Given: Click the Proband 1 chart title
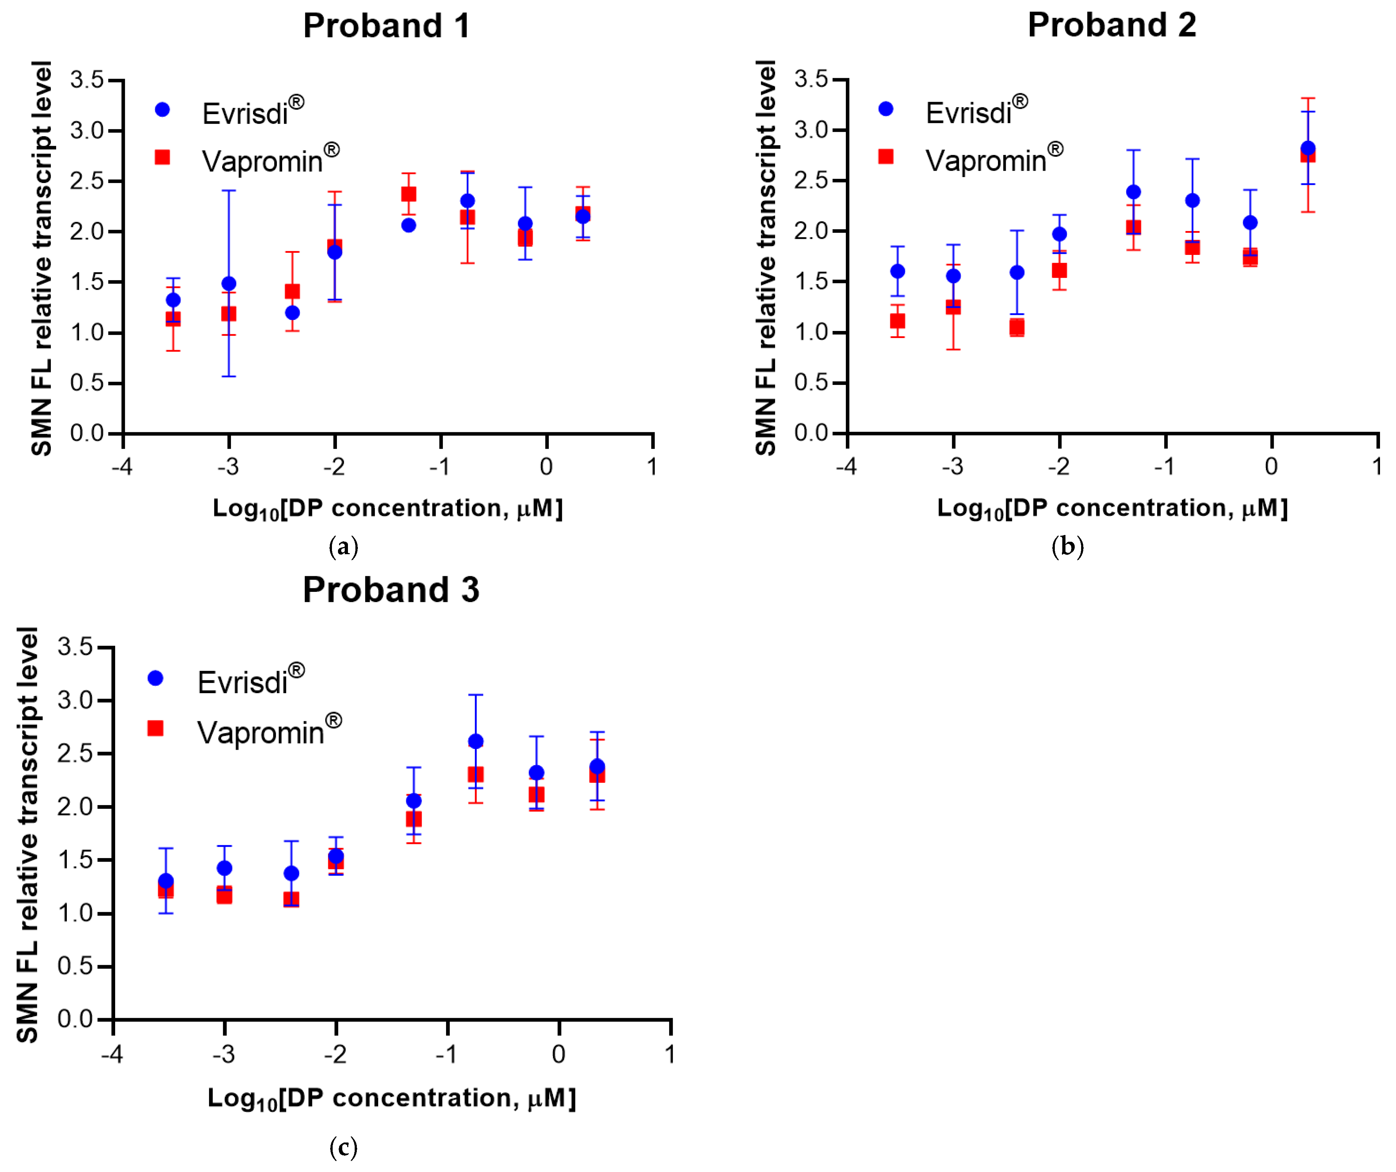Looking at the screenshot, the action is pos(387,26).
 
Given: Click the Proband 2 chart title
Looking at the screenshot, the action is pos(1112,25).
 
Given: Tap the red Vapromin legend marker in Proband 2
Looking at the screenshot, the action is pos(885,156).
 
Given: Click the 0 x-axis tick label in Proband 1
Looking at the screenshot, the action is pos(547,467).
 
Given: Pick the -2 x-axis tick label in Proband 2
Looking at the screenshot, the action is pos(1059,467).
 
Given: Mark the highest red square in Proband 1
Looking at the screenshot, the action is pos(409,194).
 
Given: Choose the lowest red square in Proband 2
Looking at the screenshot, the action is pos(1016,327).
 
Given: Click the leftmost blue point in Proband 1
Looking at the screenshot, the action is pos(173,300).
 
